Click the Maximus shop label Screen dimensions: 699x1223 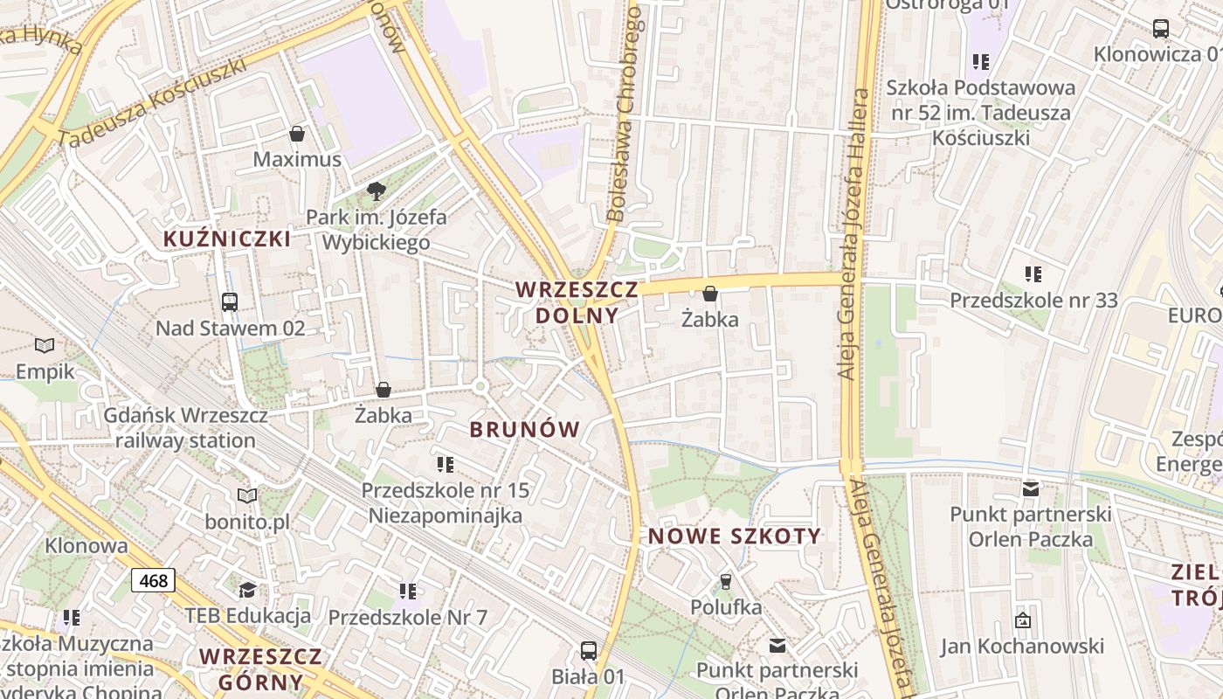(297, 159)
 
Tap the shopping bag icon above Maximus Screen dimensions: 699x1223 (297, 134)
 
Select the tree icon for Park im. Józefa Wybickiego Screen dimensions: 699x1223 (377, 190)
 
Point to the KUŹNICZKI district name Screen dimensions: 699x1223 (227, 239)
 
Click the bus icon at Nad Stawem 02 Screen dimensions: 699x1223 (230, 302)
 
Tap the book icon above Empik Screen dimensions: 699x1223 (45, 346)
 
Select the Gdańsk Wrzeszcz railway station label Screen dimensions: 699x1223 (185, 428)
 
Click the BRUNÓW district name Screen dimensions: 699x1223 (524, 429)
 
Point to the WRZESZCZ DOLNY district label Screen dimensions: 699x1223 (577, 302)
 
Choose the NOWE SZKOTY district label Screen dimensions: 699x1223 (735, 536)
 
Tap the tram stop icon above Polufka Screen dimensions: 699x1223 (725, 581)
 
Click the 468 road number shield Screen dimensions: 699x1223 (154, 580)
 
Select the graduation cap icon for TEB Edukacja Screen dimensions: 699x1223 (248, 589)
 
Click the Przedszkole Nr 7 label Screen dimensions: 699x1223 (407, 617)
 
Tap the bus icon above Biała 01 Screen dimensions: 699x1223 (589, 650)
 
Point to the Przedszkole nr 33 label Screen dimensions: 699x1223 (1033, 301)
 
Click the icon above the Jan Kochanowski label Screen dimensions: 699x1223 (1022, 620)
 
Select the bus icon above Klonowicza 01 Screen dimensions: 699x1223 (1160, 28)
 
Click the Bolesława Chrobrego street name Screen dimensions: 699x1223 (627, 114)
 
